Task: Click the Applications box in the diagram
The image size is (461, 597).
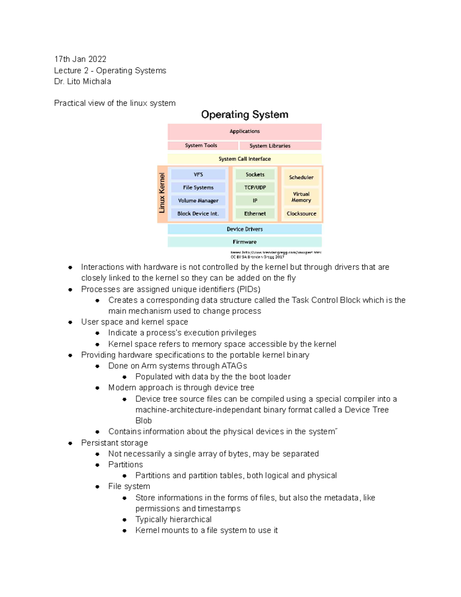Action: (x=244, y=131)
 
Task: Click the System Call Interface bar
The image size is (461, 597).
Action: (x=244, y=159)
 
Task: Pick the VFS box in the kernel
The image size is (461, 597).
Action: (x=198, y=175)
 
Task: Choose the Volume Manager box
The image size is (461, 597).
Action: (x=198, y=201)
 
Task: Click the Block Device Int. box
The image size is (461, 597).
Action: (x=198, y=214)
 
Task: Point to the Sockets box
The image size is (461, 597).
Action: (x=255, y=175)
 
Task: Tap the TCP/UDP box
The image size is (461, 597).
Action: (x=255, y=188)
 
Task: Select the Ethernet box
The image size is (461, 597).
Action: (x=255, y=214)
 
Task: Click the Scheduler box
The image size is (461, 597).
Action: (x=301, y=177)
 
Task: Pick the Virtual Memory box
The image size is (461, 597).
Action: (x=301, y=197)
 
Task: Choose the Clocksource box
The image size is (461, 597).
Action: (x=301, y=214)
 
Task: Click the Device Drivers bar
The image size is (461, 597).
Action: (x=244, y=229)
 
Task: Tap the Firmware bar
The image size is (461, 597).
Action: (x=244, y=242)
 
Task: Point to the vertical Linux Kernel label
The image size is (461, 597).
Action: (x=162, y=193)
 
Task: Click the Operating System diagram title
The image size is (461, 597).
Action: (x=245, y=115)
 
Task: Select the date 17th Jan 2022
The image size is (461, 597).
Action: (x=80, y=59)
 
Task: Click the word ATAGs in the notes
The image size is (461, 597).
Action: (x=234, y=366)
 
